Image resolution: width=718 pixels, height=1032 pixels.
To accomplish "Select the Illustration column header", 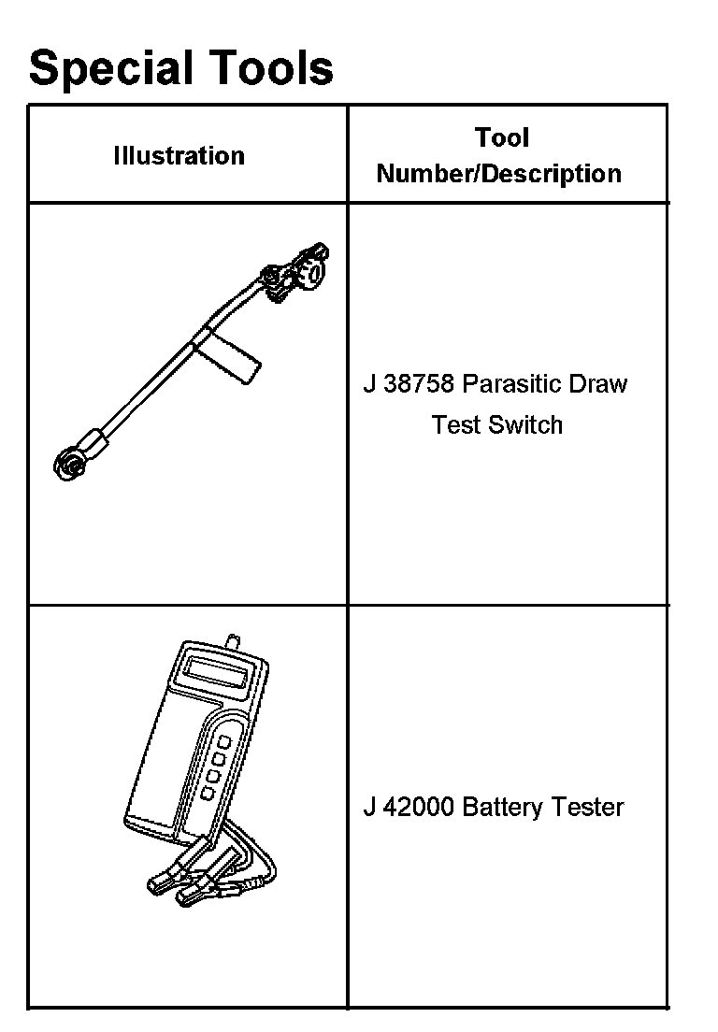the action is coord(179,155).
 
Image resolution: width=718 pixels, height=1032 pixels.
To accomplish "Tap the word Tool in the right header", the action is coord(502,137).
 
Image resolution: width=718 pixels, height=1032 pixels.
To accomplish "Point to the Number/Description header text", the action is coord(498,174).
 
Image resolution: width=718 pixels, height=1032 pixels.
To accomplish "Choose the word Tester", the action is coord(588,807).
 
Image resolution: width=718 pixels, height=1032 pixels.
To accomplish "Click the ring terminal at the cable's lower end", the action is coord(68,465).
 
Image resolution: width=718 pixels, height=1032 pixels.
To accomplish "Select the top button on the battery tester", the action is coord(225,741).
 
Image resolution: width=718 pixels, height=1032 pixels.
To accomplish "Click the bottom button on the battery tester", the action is coord(208,793).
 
